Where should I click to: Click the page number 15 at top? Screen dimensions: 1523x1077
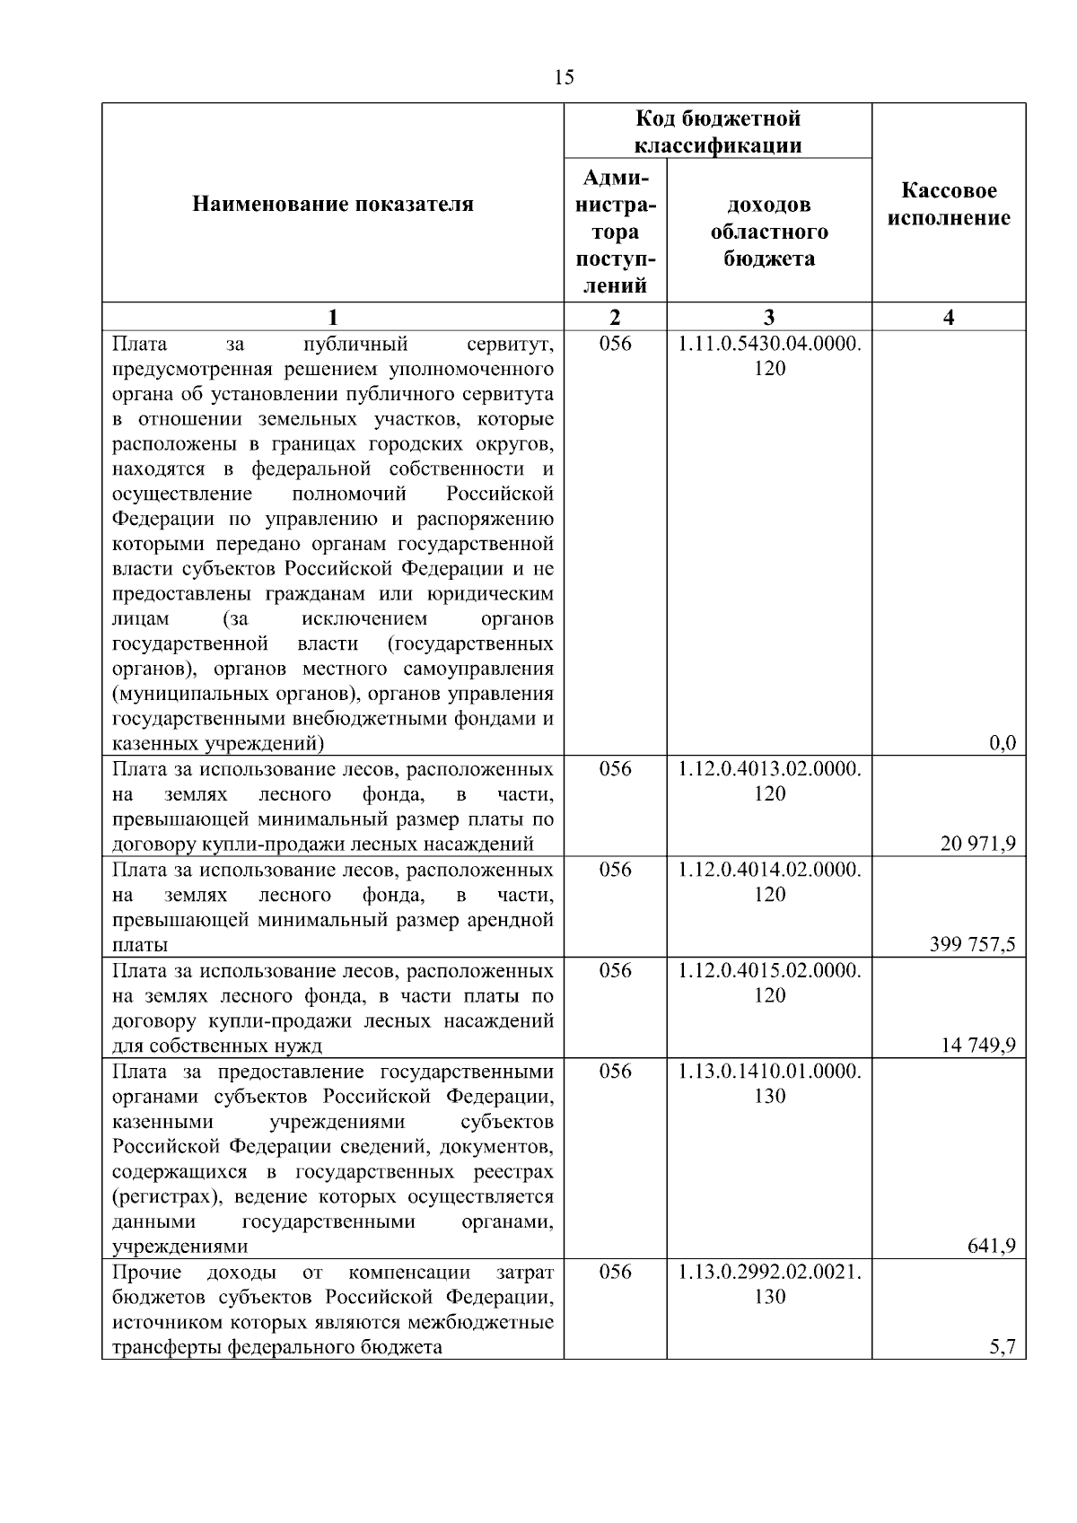pyautogui.click(x=565, y=77)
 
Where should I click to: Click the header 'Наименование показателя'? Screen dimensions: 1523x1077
pyautogui.click(x=333, y=205)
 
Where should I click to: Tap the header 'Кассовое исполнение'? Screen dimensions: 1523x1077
pyautogui.click(x=949, y=205)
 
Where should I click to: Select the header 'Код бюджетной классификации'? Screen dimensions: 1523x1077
pyautogui.click(x=718, y=132)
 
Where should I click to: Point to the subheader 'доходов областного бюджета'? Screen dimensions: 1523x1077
pyautogui.click(x=769, y=232)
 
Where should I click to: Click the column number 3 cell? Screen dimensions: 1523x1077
pyautogui.click(x=769, y=317)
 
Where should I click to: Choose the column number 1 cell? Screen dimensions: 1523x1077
pyautogui.click(x=333, y=317)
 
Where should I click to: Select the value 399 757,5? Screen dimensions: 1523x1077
pyautogui.click(x=973, y=944)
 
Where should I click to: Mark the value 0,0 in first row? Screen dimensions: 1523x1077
pyautogui.click(x=1002, y=743)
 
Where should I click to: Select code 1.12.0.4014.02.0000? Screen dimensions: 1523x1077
pyautogui.click(x=769, y=870)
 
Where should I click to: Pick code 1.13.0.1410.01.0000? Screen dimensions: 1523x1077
pyautogui.click(x=769, y=1072)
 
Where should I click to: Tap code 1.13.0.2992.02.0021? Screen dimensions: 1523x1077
pyautogui.click(x=769, y=1272)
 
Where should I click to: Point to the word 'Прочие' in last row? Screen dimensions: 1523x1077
pyautogui.click(x=147, y=1272)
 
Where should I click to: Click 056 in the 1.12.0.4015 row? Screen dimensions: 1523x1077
pyautogui.click(x=615, y=971)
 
